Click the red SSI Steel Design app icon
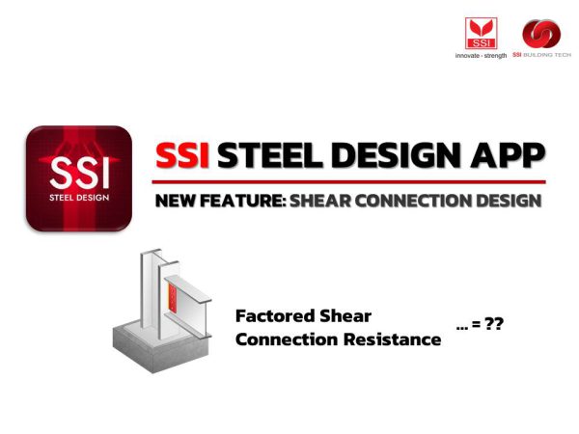79,178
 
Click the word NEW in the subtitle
176,201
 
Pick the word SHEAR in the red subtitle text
319,201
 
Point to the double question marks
493,326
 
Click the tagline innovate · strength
481,55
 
